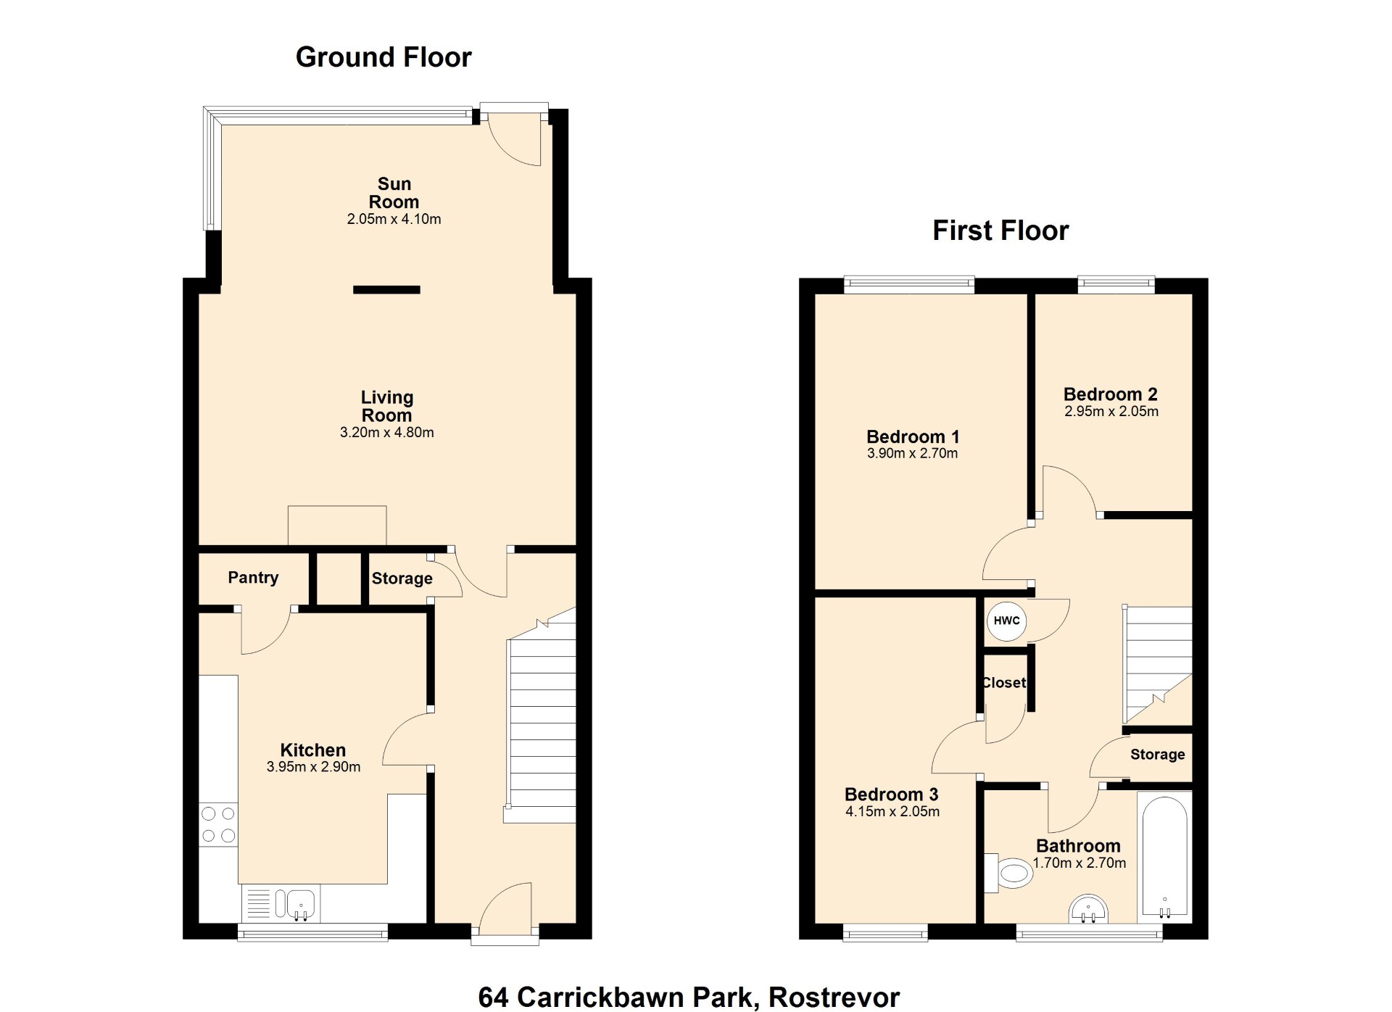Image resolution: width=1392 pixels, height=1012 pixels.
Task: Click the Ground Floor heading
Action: point(384,57)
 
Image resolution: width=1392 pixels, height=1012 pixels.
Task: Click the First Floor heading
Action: point(1000,231)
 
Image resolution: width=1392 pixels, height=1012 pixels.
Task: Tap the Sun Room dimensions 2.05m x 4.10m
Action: point(394,219)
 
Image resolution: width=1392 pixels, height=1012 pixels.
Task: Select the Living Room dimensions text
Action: point(387,433)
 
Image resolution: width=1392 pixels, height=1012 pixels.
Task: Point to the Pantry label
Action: point(253,578)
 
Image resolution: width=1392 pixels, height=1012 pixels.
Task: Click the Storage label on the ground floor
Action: point(402,578)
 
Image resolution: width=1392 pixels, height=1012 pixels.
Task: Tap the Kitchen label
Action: point(313,750)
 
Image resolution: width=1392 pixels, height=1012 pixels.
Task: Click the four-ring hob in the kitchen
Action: point(218,824)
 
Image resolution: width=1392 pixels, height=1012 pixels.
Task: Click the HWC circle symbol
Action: point(1006,621)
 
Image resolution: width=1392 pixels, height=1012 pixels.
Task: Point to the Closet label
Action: point(1004,683)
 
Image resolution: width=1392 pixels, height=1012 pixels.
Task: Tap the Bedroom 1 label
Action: point(913,436)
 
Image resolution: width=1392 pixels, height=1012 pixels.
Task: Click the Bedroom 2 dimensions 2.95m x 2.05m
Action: point(1111,412)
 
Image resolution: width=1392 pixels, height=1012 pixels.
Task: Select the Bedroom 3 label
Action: point(892,795)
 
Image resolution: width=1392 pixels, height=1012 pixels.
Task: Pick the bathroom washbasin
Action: point(1088,909)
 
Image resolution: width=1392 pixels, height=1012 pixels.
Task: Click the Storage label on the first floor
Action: point(1158,755)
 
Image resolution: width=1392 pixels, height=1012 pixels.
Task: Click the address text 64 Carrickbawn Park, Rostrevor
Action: point(689,998)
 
